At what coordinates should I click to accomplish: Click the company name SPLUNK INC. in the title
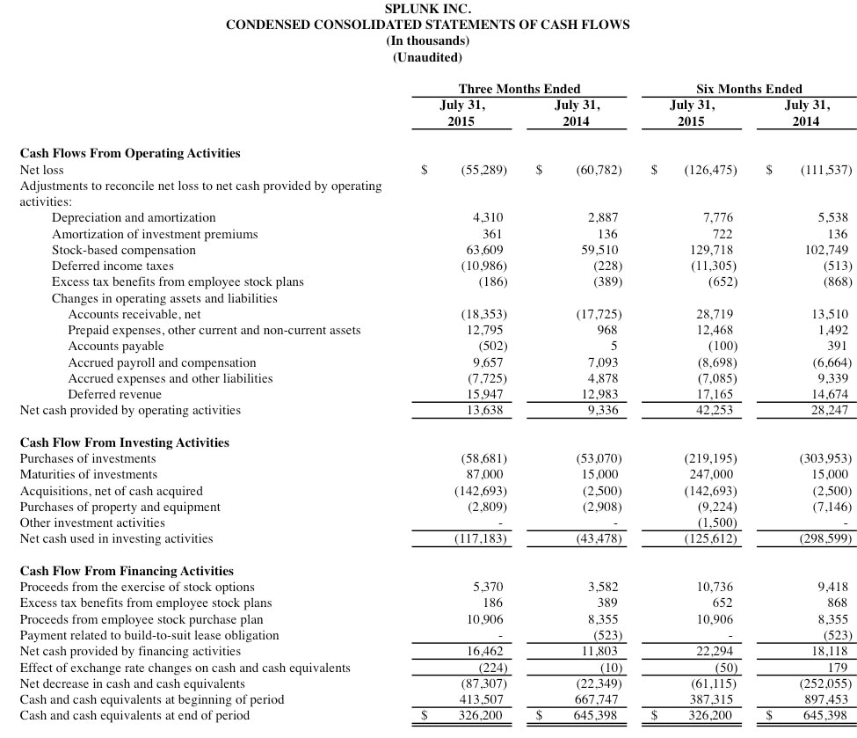[x=427, y=9]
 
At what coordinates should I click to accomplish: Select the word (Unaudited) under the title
[x=427, y=57]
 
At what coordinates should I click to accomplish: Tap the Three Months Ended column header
[x=519, y=89]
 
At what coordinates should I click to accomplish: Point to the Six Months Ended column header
[x=749, y=89]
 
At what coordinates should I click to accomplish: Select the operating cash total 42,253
[x=715, y=410]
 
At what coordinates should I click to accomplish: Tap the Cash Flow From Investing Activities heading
[x=124, y=442]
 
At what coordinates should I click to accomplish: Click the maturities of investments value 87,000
[x=483, y=475]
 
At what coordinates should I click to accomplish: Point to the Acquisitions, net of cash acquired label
[x=111, y=491]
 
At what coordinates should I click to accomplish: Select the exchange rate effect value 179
[x=837, y=668]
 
